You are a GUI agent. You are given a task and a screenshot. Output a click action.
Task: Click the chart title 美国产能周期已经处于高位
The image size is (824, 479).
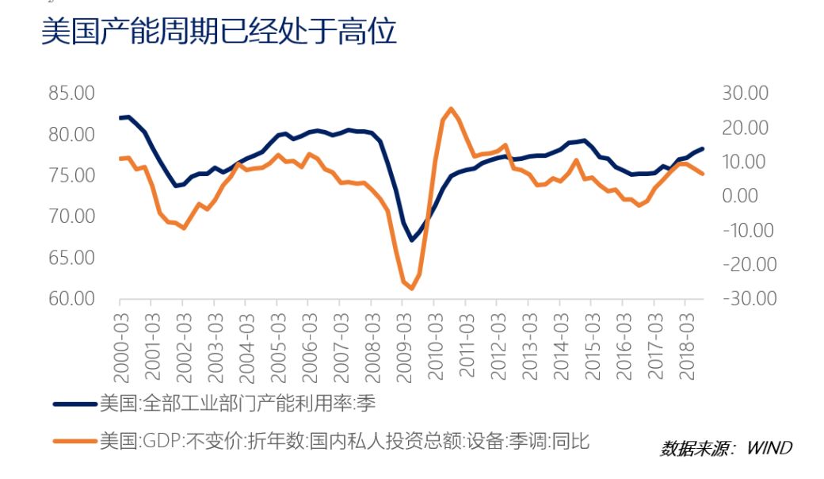(x=218, y=33)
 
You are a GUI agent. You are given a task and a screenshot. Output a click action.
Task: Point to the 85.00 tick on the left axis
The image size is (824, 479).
(x=71, y=94)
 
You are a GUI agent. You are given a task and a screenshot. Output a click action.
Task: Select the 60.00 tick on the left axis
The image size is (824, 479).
(x=71, y=299)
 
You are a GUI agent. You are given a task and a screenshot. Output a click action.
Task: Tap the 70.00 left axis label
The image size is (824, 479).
(x=71, y=217)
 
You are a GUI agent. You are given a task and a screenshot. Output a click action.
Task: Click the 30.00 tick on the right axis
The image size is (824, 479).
(x=746, y=94)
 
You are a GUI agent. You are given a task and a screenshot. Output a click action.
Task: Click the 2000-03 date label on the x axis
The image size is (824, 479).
(x=120, y=342)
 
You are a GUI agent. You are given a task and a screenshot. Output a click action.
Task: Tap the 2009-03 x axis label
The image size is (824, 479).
(x=402, y=342)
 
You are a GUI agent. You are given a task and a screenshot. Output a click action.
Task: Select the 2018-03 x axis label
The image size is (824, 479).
(x=685, y=342)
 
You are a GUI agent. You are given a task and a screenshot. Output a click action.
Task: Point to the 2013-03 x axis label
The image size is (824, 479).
(x=528, y=342)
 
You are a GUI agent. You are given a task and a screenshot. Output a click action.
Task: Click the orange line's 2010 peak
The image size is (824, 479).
(x=450, y=109)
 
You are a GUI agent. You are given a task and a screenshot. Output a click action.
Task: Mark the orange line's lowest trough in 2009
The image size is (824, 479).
(x=411, y=289)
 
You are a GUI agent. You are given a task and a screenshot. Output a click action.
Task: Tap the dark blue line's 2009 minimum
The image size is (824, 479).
(x=411, y=239)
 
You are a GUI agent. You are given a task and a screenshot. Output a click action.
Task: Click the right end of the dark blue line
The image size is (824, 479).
(x=702, y=148)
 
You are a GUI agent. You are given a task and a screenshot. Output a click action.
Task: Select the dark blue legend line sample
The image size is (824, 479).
(x=75, y=404)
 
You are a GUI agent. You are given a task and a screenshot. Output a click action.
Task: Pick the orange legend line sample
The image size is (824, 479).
(x=75, y=441)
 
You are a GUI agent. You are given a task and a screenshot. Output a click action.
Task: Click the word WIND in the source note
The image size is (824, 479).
(x=769, y=448)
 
